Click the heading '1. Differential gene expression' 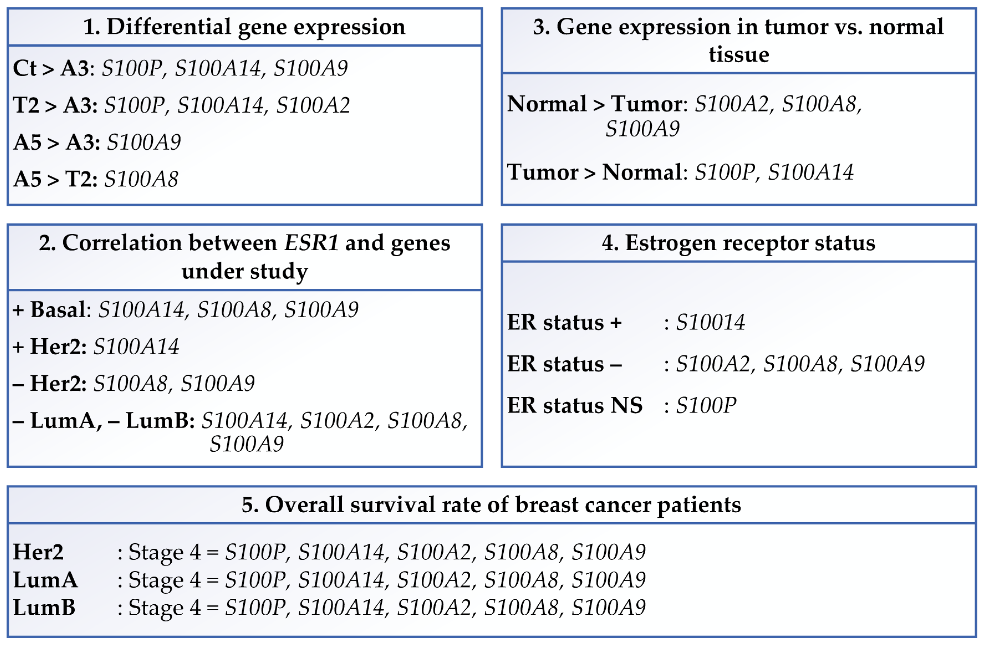[x=244, y=27]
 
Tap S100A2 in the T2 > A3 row [x=313, y=105]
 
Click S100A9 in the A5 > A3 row [x=143, y=142]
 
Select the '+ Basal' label [x=49, y=310]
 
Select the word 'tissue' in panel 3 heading [x=738, y=55]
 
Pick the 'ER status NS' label [x=574, y=406]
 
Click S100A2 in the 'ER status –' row [x=712, y=364]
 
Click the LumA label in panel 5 [x=45, y=580]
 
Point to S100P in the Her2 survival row [x=255, y=552]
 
